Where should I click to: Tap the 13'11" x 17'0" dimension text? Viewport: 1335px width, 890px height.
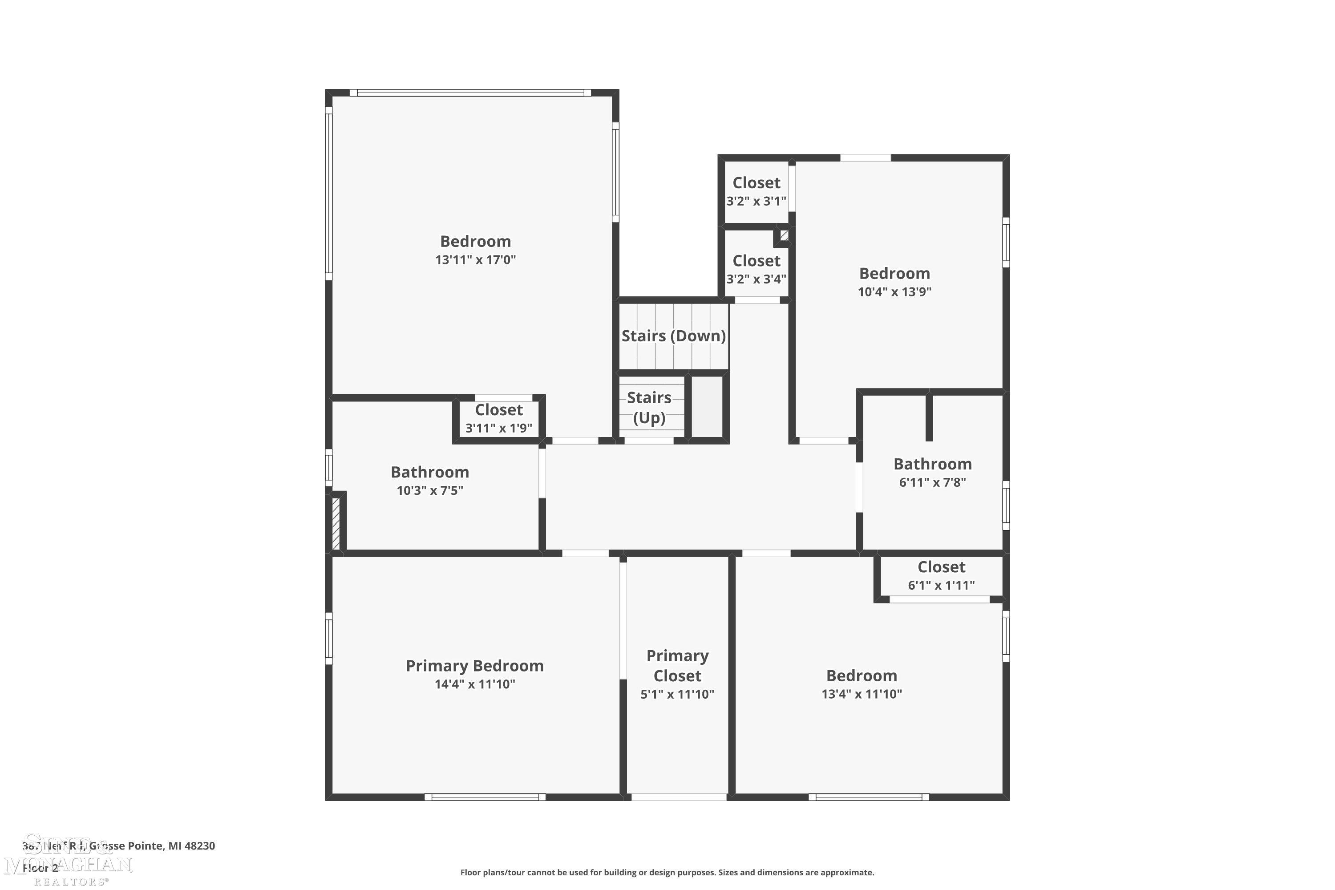(475, 260)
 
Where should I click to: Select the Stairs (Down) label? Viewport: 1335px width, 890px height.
(673, 336)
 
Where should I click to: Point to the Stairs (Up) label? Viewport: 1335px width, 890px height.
(649, 408)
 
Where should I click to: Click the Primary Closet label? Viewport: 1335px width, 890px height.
(677, 666)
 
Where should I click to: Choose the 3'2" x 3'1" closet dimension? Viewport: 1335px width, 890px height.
(756, 201)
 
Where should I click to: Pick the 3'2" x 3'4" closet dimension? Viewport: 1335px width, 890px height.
(756, 279)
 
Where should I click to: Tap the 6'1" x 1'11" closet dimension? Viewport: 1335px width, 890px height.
(941, 585)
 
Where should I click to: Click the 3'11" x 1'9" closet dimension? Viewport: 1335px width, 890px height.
(498, 428)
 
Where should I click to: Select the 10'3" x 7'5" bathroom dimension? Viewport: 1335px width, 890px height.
(430, 490)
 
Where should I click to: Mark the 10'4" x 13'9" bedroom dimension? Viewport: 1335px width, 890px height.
(894, 292)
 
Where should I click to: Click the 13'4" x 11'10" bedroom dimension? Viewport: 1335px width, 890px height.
(861, 694)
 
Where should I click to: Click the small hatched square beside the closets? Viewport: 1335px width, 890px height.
(784, 235)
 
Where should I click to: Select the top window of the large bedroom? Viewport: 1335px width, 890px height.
(470, 93)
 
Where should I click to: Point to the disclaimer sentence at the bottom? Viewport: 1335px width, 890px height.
(667, 872)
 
